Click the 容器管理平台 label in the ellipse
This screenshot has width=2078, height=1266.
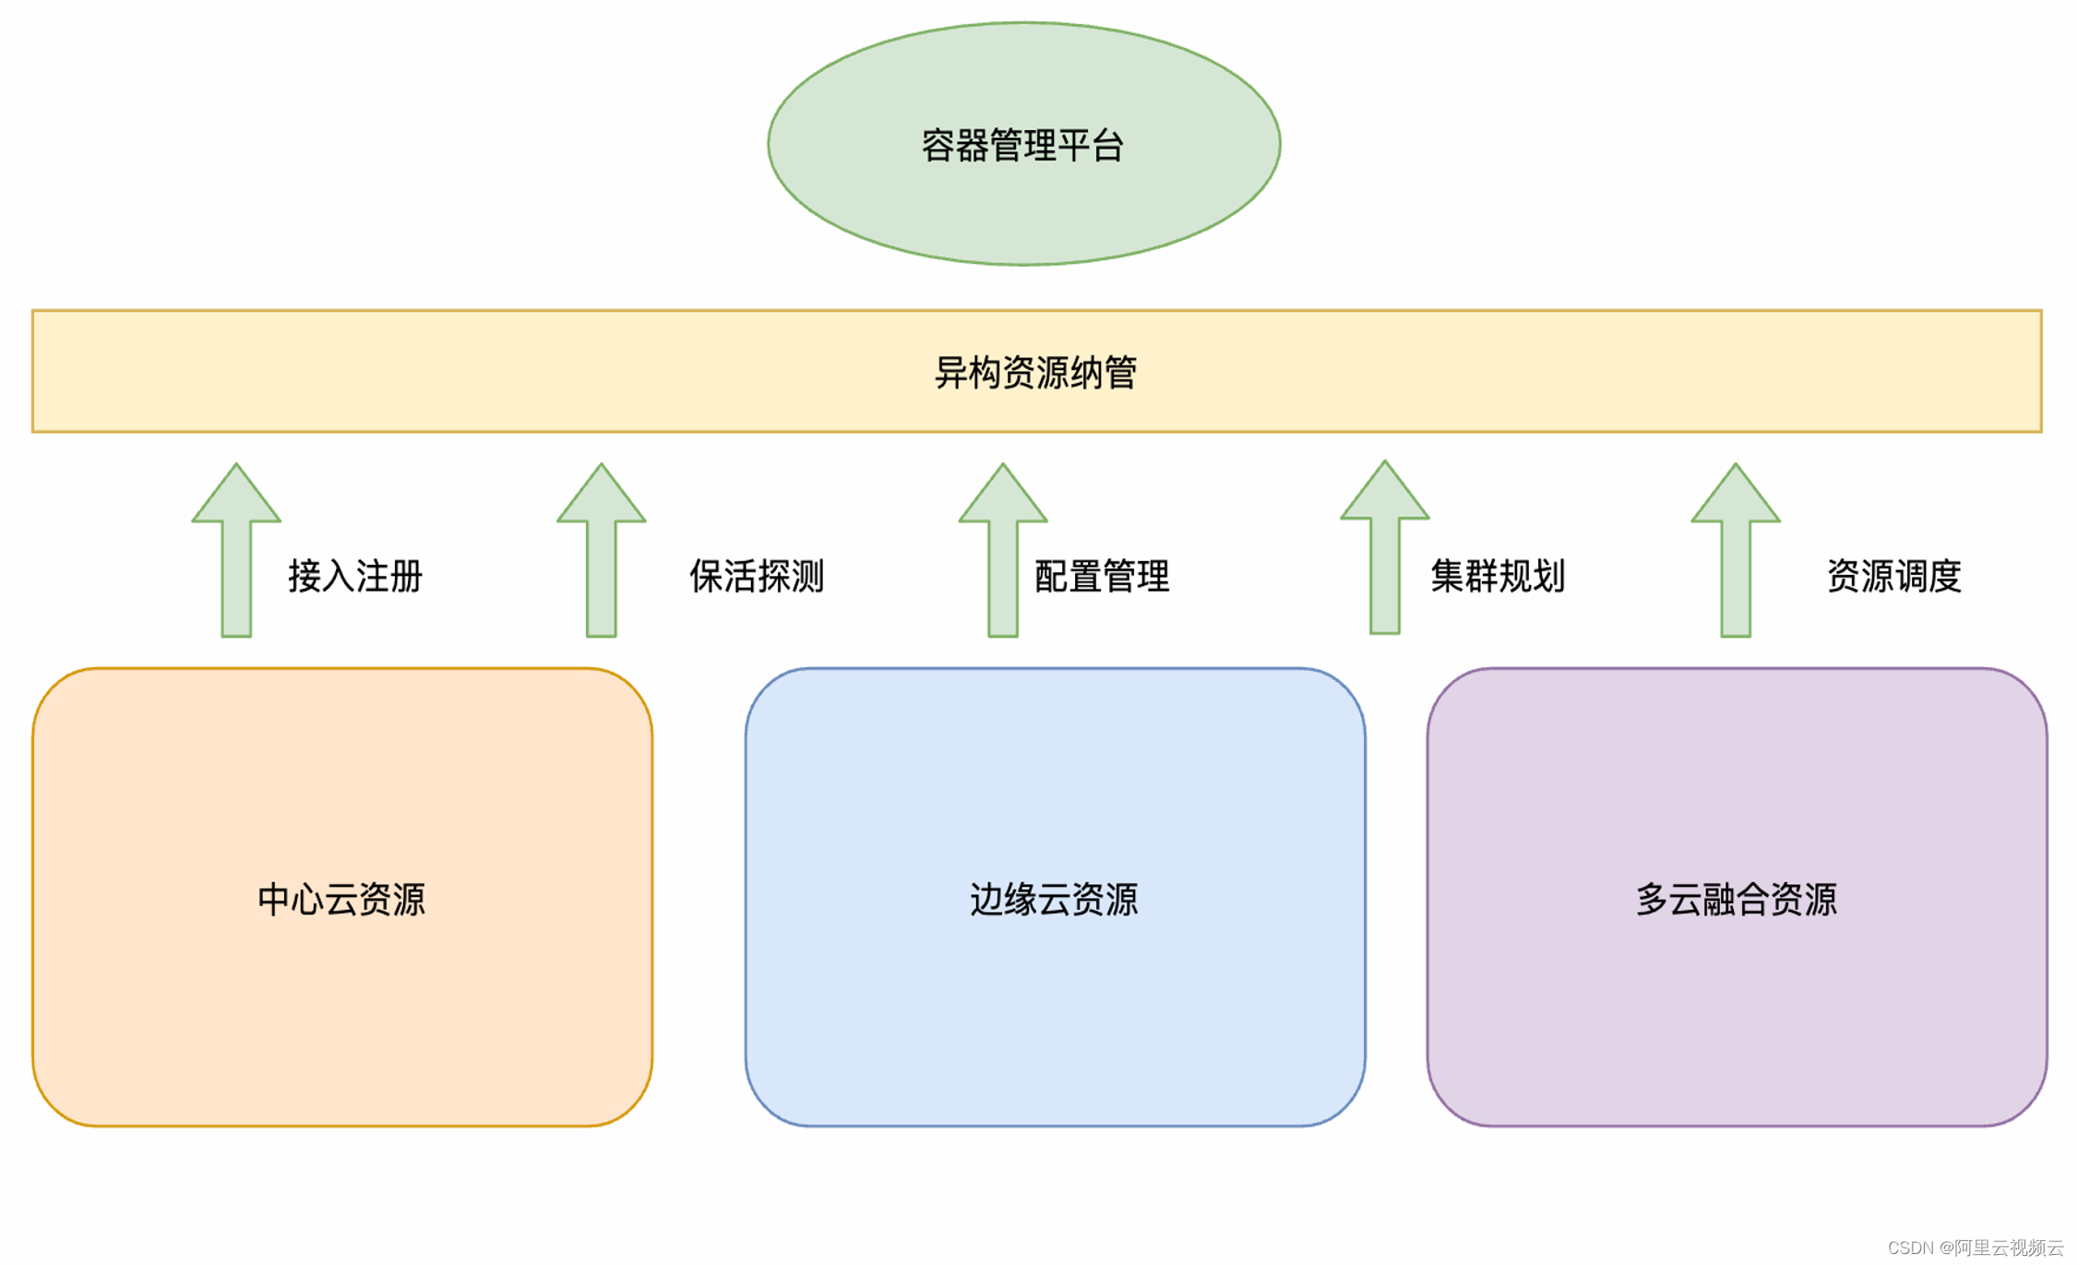click(1022, 146)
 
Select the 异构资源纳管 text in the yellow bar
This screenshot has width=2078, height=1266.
click(1035, 373)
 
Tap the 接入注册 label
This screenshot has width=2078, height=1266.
click(355, 576)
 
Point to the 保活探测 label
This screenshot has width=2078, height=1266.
click(757, 576)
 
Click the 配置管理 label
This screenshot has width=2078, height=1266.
click(1102, 576)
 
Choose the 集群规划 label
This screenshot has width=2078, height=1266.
click(1498, 576)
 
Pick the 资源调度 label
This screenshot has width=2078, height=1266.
click(1893, 576)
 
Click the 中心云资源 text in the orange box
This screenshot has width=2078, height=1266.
click(341, 899)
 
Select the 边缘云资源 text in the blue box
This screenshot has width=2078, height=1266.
click(1054, 899)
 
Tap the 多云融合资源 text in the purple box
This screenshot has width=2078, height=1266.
click(1736, 899)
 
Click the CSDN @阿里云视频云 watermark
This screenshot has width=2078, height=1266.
click(1975, 1248)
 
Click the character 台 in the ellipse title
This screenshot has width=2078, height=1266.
click(1108, 146)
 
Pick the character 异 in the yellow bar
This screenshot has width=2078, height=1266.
click(951, 373)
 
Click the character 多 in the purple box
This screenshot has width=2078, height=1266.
click(1652, 899)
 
